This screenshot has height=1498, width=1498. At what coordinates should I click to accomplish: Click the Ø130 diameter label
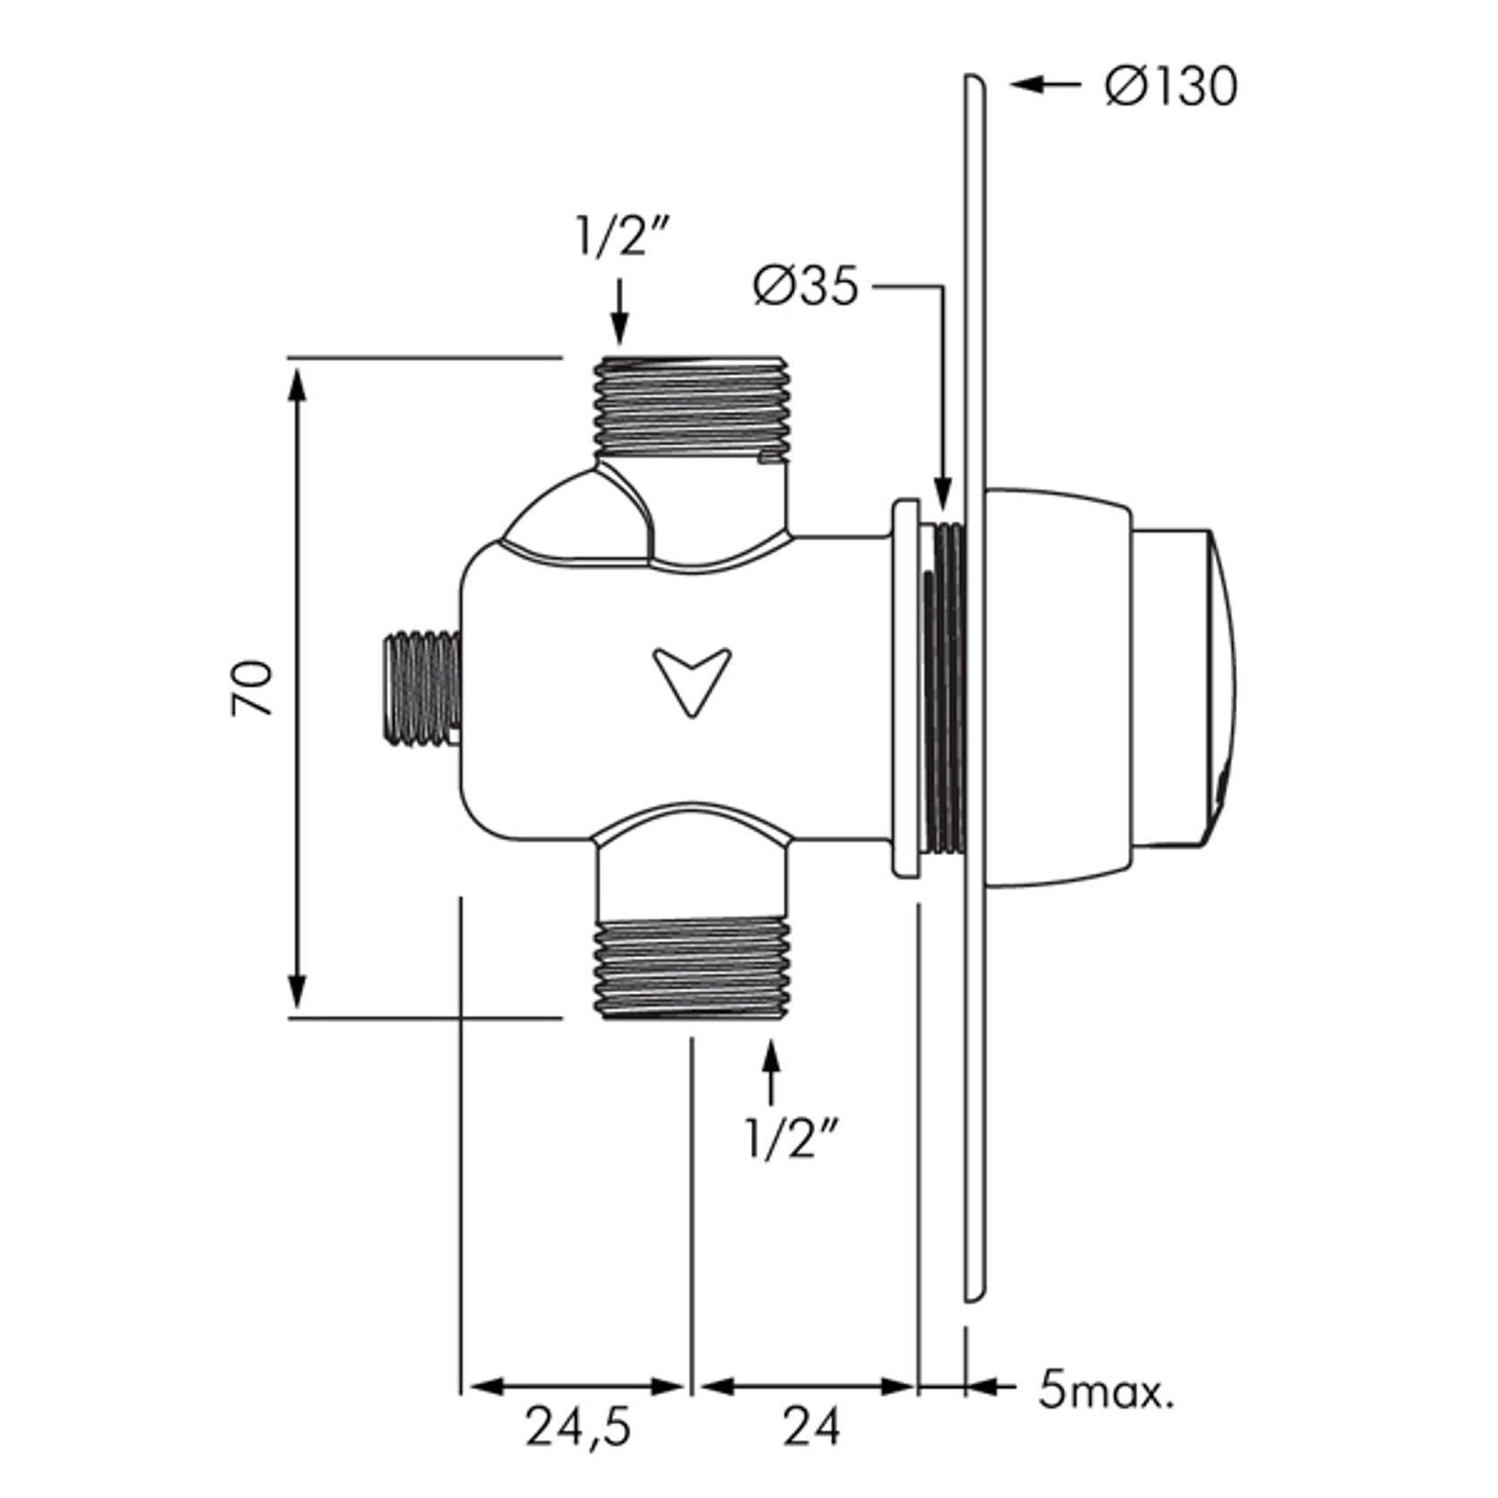(x=1172, y=88)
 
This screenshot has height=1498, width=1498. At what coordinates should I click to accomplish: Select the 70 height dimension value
(x=252, y=686)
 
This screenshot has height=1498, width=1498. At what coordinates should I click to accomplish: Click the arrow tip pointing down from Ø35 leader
(x=941, y=501)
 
